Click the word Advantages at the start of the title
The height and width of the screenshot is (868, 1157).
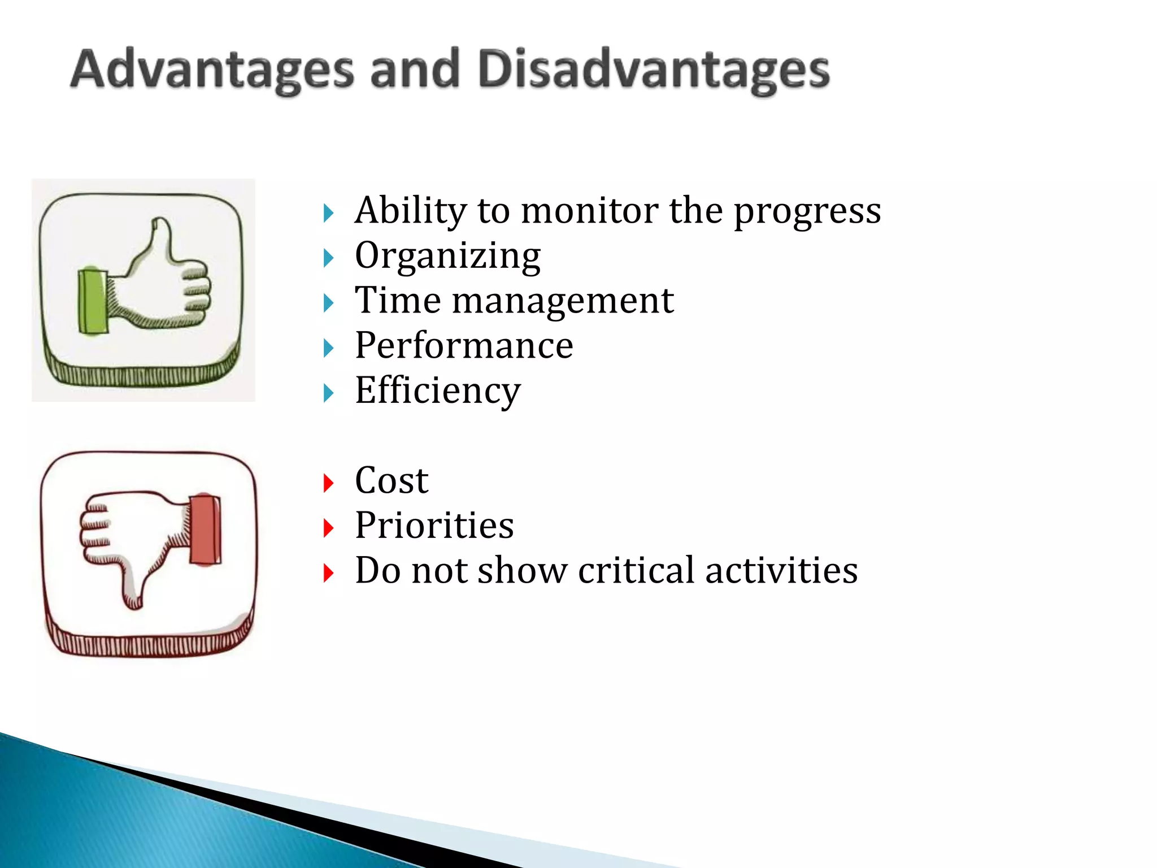(212, 70)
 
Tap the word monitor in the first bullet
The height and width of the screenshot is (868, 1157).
(589, 211)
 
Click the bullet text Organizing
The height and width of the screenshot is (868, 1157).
(447, 256)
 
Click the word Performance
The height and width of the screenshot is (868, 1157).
(464, 345)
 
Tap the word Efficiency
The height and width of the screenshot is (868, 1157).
(437, 390)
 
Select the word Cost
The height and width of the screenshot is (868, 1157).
(392, 481)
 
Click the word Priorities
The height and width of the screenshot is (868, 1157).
(434, 526)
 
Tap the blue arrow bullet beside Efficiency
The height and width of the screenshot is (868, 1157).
(328, 393)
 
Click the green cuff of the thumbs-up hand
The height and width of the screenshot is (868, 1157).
(92, 301)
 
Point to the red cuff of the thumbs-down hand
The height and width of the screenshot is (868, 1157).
(205, 530)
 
